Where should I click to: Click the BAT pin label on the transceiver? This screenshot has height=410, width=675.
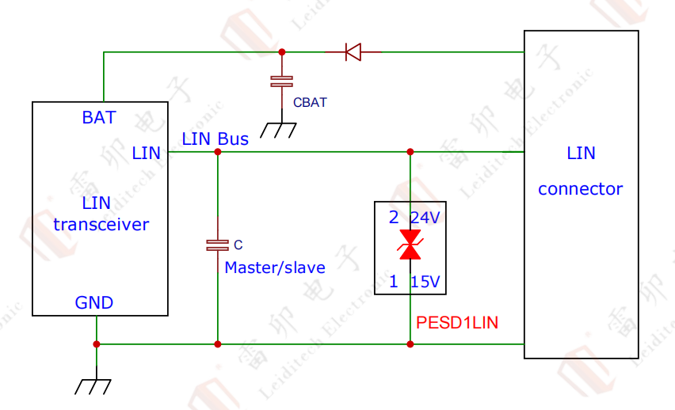click(99, 118)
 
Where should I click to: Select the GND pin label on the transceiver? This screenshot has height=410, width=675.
click(94, 302)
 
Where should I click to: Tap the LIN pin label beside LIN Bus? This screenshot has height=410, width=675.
click(147, 153)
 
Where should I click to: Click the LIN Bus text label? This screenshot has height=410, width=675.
click(215, 139)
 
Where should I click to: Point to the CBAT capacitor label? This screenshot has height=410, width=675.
click(310, 102)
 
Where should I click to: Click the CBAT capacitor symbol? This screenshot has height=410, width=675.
click(281, 81)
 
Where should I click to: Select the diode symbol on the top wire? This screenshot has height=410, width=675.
click(353, 53)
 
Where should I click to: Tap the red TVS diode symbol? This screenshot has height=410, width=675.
click(410, 245)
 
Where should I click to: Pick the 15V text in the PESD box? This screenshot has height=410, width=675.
click(425, 281)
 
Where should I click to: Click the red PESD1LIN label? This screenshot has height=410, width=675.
click(457, 322)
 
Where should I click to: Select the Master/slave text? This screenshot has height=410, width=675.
click(275, 268)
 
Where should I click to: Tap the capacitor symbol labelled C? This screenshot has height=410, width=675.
click(217, 245)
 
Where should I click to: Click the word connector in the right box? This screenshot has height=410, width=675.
click(580, 189)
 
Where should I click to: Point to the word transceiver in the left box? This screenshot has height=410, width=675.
click(101, 224)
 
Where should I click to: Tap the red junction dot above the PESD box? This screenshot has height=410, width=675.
click(410, 151)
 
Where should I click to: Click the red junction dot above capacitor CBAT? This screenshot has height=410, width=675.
click(281, 52)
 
